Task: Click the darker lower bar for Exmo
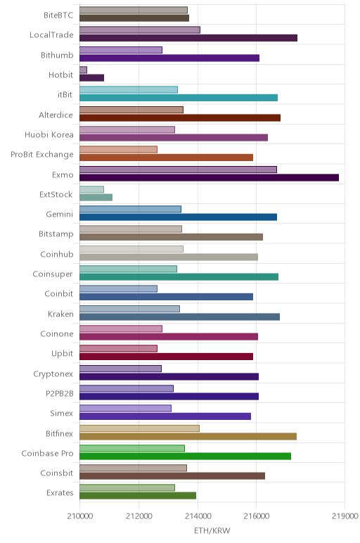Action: pyautogui.click(x=209, y=178)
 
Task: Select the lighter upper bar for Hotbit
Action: pyautogui.click(x=83, y=70)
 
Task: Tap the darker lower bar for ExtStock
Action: pyautogui.click(x=96, y=198)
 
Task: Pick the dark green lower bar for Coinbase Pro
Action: pyautogui.click(x=185, y=456)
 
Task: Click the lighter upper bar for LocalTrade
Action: pyautogui.click(x=140, y=30)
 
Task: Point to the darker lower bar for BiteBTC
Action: pyautogui.click(x=134, y=18)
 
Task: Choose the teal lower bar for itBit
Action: pyautogui.click(x=179, y=98)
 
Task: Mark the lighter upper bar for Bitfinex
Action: pyautogui.click(x=139, y=428)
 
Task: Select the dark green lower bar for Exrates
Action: pyautogui.click(x=138, y=496)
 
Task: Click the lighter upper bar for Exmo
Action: pyautogui.click(x=179, y=170)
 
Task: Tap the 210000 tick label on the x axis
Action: pyautogui.click(x=80, y=516)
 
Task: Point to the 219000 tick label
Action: pyautogui.click(x=345, y=516)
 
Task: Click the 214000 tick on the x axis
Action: pyautogui.click(x=198, y=516)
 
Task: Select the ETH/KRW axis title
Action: pyautogui.click(x=212, y=530)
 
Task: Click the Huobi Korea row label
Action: pyautogui.click(x=49, y=135)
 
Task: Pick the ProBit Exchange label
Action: pyautogui.click(x=42, y=155)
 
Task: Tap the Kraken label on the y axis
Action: pyautogui.click(x=60, y=314)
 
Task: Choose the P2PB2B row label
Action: pyautogui.click(x=60, y=393)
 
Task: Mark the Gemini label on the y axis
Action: pyautogui.click(x=60, y=215)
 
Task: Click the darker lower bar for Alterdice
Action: pyautogui.click(x=180, y=117)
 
